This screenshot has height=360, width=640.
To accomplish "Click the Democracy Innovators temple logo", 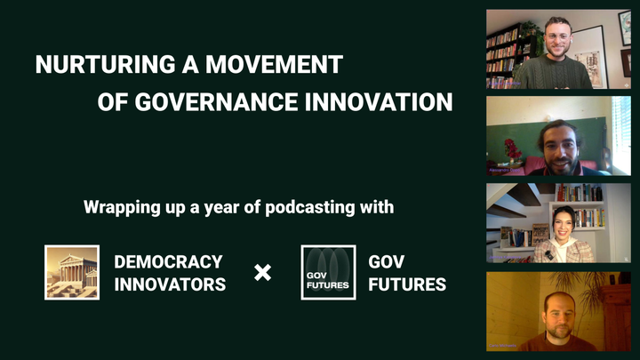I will (x=72, y=272).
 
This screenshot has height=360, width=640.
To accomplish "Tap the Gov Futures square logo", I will (x=328, y=272).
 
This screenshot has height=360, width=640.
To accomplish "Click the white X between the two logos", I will (x=263, y=273).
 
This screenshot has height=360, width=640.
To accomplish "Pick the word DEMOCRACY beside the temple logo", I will (x=168, y=262).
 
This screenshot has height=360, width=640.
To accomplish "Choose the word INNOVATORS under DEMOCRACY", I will (x=170, y=284).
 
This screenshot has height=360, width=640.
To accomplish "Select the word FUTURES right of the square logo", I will (x=407, y=284).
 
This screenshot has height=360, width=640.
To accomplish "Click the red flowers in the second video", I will (x=513, y=148).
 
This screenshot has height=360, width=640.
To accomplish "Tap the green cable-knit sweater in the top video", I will (x=557, y=75).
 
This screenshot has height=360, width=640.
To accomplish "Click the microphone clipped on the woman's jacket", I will (x=549, y=255).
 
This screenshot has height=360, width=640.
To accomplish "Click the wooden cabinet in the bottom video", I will (x=613, y=320).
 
